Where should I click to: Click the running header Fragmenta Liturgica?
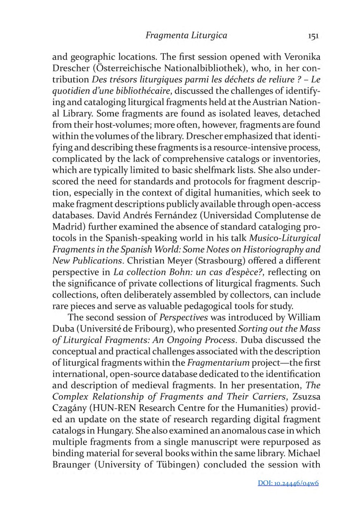pyautogui.click(x=186, y=35)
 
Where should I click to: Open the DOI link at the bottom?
pyautogui.click(x=288, y=483)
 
